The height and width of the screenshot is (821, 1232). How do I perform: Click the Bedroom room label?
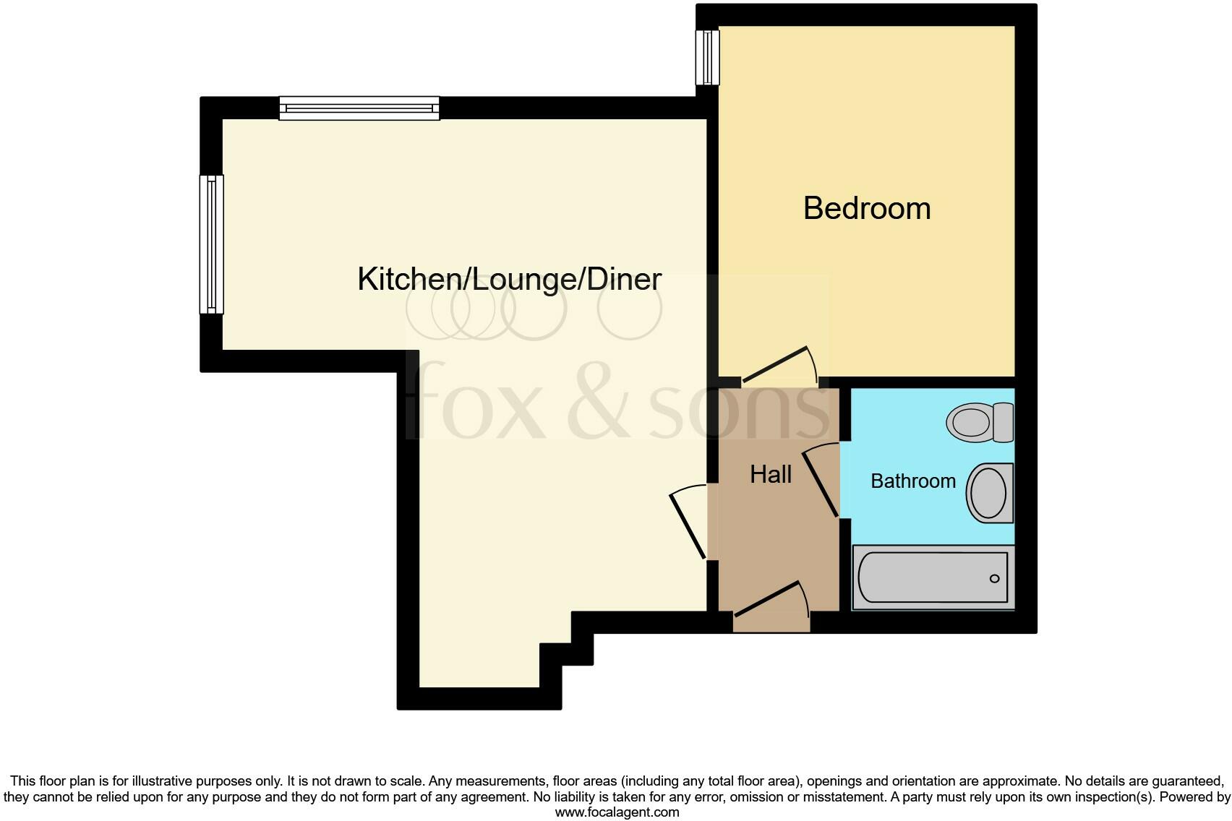coord(866,208)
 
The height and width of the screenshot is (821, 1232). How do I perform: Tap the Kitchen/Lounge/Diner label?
coord(509,279)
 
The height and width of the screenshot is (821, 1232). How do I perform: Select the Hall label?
coord(771,474)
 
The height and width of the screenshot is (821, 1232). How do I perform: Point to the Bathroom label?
coord(912,481)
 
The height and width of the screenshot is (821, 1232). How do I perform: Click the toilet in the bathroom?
coord(971,422)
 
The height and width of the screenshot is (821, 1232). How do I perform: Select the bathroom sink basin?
coord(988,493)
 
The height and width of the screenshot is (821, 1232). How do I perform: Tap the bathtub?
coord(933,577)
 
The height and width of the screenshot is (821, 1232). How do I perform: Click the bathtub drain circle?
coord(994,578)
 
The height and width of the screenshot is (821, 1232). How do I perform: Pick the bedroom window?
coord(708,57)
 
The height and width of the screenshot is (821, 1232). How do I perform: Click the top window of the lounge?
coord(359,108)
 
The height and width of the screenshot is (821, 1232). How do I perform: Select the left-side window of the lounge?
coord(212,244)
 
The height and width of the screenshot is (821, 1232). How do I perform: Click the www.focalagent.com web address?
coord(616,812)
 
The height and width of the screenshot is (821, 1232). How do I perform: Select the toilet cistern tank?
coord(1004,422)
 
